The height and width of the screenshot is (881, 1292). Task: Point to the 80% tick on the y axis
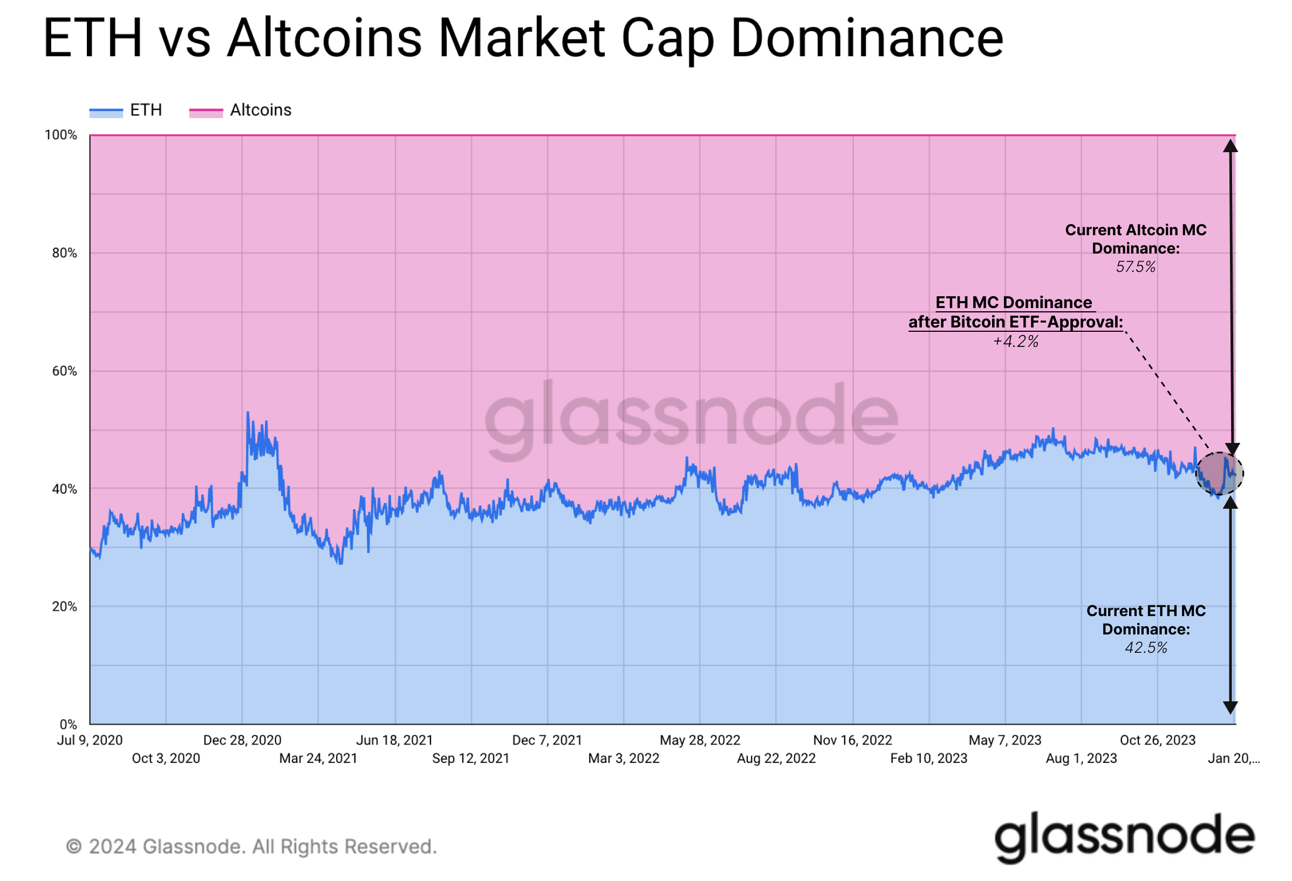pyautogui.click(x=65, y=253)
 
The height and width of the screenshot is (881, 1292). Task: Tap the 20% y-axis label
pyautogui.click(x=65, y=606)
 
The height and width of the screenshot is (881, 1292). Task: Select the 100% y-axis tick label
pyautogui.click(x=61, y=135)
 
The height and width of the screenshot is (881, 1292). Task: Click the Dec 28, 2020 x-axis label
pyautogui.click(x=242, y=740)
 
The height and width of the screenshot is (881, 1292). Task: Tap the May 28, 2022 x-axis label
pyautogui.click(x=700, y=740)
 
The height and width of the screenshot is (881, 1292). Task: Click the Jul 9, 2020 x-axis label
pyautogui.click(x=90, y=740)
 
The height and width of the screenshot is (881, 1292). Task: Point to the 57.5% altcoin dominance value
pyautogui.click(x=1135, y=268)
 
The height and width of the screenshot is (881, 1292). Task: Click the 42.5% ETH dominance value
pyautogui.click(x=1146, y=648)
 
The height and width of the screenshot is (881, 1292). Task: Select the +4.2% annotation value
pyautogui.click(x=1016, y=342)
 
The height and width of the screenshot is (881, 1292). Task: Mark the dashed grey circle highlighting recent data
pyautogui.click(x=1219, y=474)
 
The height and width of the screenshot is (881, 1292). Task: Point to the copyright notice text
pyautogui.click(x=251, y=846)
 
